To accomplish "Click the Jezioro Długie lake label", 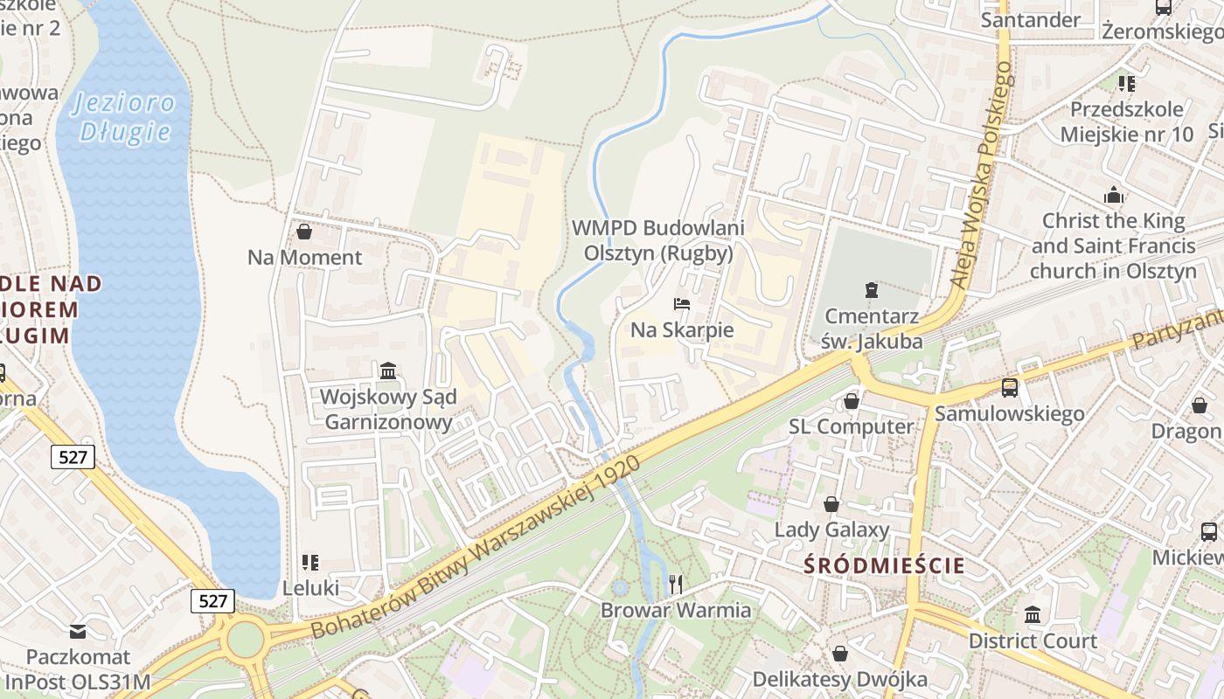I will coord(124,117).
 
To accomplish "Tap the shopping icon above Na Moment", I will coord(304,232).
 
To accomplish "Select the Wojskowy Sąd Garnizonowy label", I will coord(388,410).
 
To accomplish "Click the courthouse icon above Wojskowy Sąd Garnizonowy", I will coord(388,371).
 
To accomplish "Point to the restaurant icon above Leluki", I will coord(309,562).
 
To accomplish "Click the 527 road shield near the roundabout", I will coord(212,600).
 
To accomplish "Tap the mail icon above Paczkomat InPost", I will coord(78,631).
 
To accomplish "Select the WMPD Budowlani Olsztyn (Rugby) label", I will coord(658,240).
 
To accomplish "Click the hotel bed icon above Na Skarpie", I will coord(682,304).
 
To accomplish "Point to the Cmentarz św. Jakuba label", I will coord(871,329).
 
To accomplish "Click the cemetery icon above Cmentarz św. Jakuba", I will coord(871,289).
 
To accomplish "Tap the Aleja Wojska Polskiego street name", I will coord(984,175).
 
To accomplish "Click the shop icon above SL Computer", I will coord(851,401).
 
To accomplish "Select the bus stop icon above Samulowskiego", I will coord(1010,387).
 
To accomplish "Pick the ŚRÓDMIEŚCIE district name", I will coord(885,565).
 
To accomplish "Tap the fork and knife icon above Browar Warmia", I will coord(675,584).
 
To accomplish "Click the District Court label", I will coord(1033,640).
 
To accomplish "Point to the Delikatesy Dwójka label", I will coord(839,678).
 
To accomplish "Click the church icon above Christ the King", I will coord(1114,195).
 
